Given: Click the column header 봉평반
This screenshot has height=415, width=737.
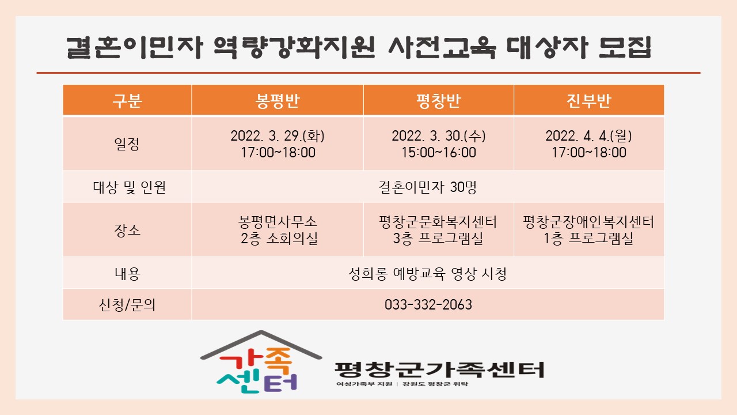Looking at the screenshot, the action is click(278, 101).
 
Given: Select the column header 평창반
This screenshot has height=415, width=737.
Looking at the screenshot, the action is click(439, 101).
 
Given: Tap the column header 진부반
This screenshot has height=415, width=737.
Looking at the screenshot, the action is click(588, 101).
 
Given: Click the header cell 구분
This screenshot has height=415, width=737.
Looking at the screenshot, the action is click(127, 101).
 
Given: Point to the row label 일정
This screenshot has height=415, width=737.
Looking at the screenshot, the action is click(127, 144).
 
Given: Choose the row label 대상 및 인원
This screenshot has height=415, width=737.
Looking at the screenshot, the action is click(130, 187).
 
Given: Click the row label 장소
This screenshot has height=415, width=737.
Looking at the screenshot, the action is click(127, 230).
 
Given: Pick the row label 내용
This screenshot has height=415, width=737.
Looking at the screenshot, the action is click(128, 273).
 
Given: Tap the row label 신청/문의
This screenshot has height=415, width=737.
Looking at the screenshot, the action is click(127, 305).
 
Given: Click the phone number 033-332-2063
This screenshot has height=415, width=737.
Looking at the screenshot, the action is click(428, 305).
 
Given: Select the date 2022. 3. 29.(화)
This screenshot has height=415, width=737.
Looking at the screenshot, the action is click(278, 135).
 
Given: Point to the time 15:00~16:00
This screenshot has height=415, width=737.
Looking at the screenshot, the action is click(439, 153).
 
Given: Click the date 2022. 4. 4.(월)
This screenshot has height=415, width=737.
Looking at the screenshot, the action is click(588, 135).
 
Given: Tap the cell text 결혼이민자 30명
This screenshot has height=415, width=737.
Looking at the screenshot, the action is click(428, 187).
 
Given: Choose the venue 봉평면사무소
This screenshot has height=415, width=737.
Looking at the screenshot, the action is click(278, 222).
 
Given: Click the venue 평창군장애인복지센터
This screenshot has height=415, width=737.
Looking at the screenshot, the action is click(588, 222).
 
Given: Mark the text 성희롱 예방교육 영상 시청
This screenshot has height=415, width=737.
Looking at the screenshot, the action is click(428, 273).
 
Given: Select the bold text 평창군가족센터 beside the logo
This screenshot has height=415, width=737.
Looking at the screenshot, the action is click(439, 369).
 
